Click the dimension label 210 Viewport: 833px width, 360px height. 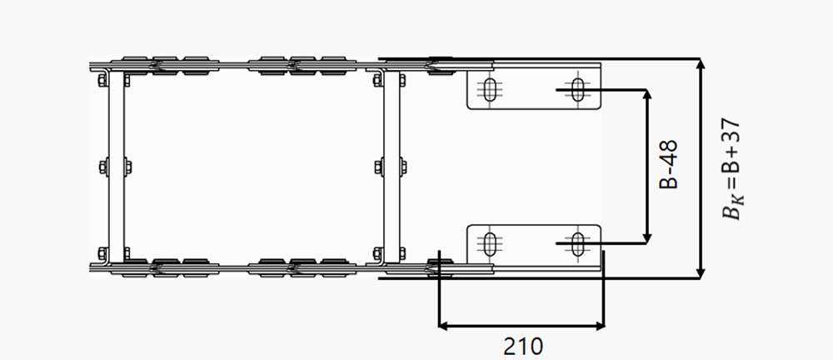523,346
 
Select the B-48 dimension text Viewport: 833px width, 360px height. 668,164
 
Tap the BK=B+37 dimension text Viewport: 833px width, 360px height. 731,169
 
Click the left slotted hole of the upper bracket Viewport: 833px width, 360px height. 491,90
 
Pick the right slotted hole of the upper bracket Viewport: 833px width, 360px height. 578,89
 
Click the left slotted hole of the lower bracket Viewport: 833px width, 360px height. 491,243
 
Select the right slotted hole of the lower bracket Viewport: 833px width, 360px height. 578,243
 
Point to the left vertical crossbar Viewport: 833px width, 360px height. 117,167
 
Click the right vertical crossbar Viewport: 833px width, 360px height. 392,167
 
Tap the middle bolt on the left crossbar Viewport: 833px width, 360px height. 115,167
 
